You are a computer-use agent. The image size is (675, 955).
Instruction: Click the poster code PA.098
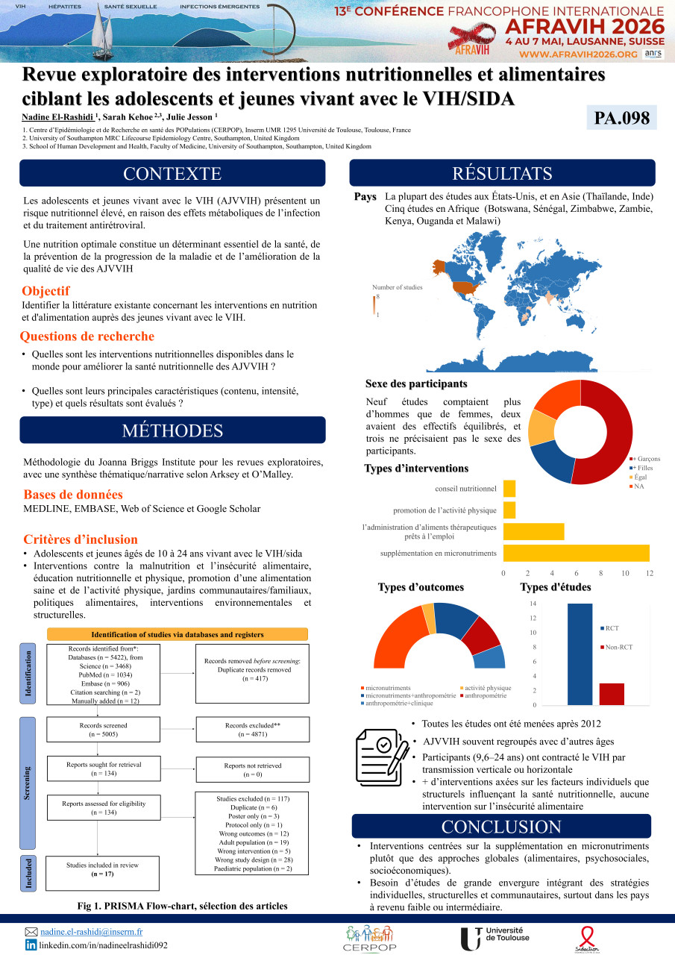click(x=621, y=118)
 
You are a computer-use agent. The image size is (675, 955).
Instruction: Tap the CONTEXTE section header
click(x=172, y=174)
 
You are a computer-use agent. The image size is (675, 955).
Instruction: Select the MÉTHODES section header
click(x=172, y=430)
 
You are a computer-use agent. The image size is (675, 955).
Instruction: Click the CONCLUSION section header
click(x=501, y=827)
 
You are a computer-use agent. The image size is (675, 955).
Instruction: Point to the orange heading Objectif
click(x=46, y=291)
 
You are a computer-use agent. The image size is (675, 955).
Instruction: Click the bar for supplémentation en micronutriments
click(x=577, y=553)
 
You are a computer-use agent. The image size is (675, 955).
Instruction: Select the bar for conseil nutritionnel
click(x=509, y=489)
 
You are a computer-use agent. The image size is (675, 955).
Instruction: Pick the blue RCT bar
click(x=580, y=654)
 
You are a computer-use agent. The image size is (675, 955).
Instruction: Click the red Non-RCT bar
click(x=612, y=694)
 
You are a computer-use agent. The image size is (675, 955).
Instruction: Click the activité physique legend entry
click(x=486, y=687)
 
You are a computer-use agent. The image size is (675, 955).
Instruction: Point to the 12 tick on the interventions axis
click(x=650, y=573)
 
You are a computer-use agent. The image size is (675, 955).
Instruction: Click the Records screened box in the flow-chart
click(x=103, y=730)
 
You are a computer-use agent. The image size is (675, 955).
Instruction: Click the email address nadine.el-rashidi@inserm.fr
click(x=92, y=932)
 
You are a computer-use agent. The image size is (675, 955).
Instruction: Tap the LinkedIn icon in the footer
click(x=31, y=945)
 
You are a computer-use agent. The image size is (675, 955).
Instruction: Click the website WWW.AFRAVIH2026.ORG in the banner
click(x=578, y=54)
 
